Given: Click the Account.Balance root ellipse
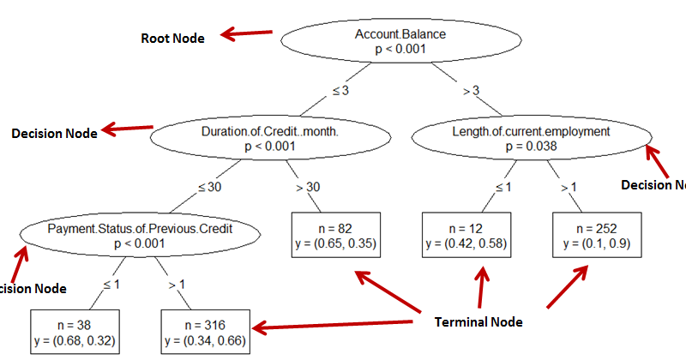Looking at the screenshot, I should click(400, 42).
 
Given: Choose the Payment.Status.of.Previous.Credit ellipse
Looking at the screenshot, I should click(140, 236).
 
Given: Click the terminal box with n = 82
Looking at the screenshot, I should click(334, 236).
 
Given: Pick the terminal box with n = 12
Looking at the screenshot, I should click(467, 236).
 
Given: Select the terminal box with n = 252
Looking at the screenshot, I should click(597, 236).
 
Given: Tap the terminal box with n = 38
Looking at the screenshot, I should click(75, 333).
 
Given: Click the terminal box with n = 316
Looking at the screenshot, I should click(207, 333).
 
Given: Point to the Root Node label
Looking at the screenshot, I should click(172, 39).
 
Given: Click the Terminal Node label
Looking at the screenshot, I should click(478, 322).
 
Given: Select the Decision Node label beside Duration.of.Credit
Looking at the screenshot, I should click(52, 134).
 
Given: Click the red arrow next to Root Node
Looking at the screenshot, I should click(246, 34).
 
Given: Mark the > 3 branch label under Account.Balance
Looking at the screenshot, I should click(471, 89).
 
